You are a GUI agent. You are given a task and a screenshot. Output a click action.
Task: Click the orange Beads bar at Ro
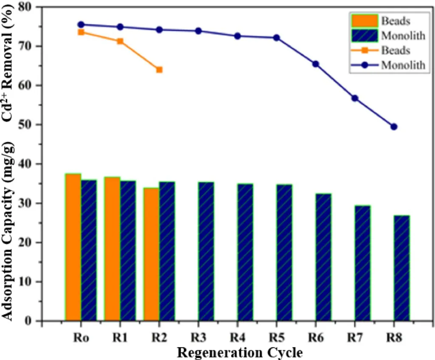[73, 247]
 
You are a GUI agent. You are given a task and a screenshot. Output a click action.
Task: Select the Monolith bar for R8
[402, 268]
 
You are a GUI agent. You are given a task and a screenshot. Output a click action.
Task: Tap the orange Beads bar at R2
[152, 254]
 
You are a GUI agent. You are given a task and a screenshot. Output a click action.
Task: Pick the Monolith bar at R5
[284, 253]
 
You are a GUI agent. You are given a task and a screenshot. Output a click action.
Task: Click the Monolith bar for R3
[206, 251]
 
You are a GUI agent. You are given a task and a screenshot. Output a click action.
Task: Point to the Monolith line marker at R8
[394, 127]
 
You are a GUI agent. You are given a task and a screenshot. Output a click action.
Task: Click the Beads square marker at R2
[159, 70]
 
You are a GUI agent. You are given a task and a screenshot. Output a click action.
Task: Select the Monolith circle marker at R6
[316, 64]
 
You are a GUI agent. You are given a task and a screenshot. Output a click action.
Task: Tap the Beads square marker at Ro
[81, 32]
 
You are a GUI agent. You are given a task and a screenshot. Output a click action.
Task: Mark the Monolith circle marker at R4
[237, 36]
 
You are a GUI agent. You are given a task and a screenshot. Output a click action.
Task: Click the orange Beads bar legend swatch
[364, 21]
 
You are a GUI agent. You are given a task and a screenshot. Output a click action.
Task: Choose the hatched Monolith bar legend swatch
[364, 36]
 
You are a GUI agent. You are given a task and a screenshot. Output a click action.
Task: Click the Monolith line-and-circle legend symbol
[364, 65]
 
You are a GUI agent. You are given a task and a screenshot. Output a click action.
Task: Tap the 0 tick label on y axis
[28, 321]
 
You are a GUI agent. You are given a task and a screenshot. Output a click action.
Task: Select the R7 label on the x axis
[355, 338]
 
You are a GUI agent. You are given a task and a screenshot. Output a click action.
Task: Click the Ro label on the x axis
[81, 338]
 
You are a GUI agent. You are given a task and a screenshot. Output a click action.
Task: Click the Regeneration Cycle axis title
[240, 352]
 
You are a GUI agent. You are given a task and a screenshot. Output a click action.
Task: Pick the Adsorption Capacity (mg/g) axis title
[7, 231]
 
